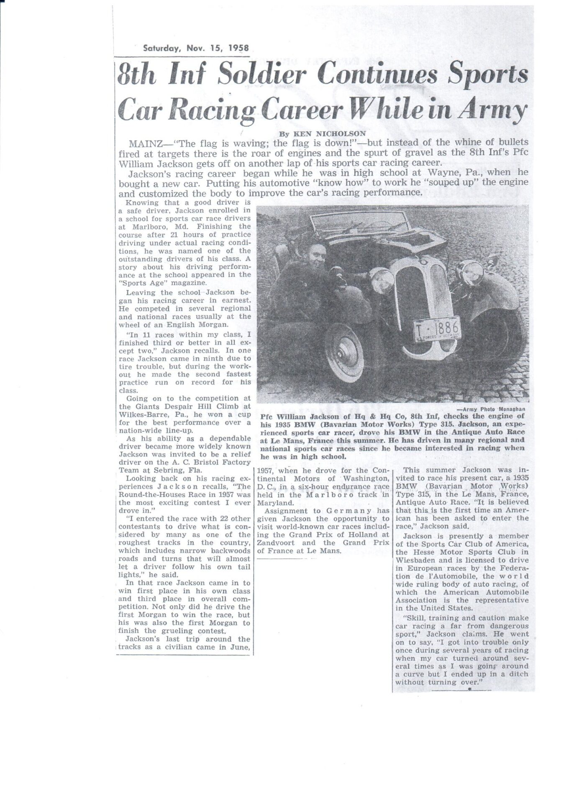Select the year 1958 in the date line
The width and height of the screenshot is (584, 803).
(238, 48)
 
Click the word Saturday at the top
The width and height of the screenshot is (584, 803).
(161, 48)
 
